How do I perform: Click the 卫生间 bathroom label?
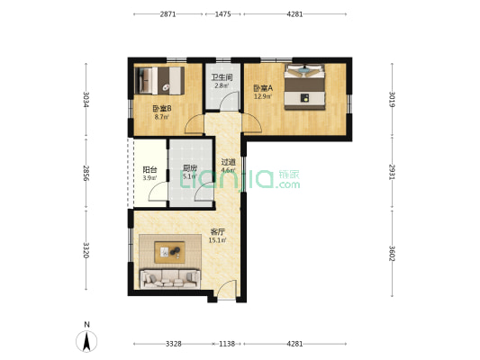point(222,77)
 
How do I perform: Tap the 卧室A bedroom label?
point(263,88)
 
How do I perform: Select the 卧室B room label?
point(162,109)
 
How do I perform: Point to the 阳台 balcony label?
point(150,170)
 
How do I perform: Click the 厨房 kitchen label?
point(190,168)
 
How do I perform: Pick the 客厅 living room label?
point(218,232)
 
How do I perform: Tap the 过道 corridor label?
point(229,162)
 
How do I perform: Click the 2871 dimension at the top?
point(168,14)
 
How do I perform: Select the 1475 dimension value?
point(222,14)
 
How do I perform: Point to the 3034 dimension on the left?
point(86,99)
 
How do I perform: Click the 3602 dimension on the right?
point(392,254)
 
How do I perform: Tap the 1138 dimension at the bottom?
point(227,344)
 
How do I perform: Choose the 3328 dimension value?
point(174,344)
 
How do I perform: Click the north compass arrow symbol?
point(87,341)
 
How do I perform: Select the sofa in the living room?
point(170,279)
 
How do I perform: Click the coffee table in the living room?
point(169,252)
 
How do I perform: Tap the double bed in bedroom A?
point(304,87)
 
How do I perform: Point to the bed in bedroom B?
point(159,81)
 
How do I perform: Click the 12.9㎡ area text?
point(263,96)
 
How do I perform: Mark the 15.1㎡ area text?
point(217,240)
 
